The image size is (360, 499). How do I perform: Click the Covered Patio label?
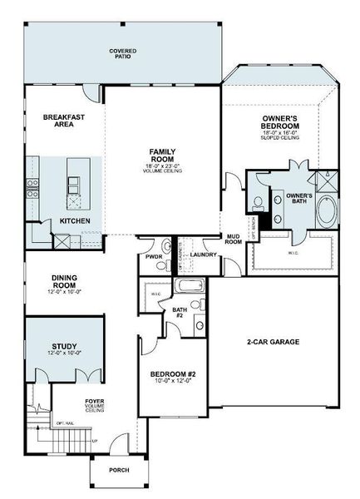(x=123, y=55)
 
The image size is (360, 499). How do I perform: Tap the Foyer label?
(x=94, y=403)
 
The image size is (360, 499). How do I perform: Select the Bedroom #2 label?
(x=172, y=376)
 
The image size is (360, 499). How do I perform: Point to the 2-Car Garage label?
(x=274, y=342)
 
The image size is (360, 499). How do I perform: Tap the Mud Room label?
(x=234, y=240)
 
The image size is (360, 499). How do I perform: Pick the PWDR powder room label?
(x=154, y=257)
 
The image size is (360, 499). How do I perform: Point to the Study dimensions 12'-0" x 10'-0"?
(x=63, y=354)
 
